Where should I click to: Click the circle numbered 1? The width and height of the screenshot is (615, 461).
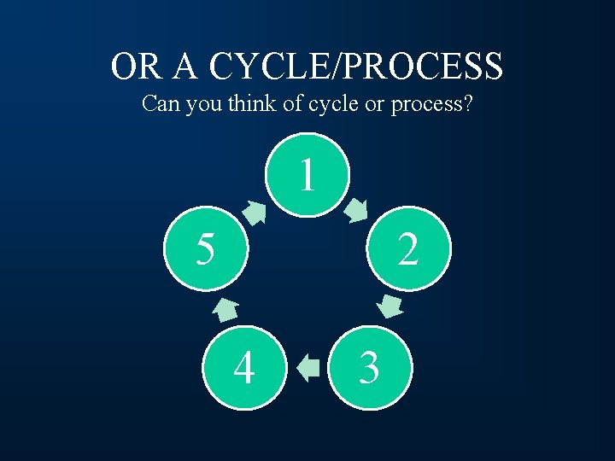pos(307,175)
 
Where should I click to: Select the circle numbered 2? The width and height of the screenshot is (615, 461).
pos(408,249)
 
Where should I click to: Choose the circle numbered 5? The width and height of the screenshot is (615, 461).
pos(205,249)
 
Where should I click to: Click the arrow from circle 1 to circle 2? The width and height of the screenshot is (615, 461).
pos(357,210)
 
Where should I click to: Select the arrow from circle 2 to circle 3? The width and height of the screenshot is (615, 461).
pos(389,306)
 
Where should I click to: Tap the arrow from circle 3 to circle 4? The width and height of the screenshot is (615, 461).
pos(307,368)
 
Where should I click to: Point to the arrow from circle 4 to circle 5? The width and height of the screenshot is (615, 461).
pos(225,309)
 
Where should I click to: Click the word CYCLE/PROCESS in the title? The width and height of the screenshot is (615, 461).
pos(356,66)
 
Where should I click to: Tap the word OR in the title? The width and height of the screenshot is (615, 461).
pos(133,66)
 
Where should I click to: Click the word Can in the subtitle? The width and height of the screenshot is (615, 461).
pos(160,104)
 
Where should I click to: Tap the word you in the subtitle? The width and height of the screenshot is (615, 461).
pos(202,105)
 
